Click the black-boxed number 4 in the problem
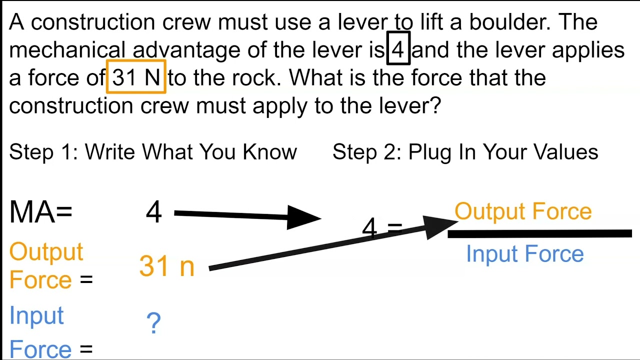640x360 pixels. (398, 48)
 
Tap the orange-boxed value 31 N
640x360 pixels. (136, 76)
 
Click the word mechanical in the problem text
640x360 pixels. (67, 49)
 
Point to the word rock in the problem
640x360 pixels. (256, 77)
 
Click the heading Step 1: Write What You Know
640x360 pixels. (153, 152)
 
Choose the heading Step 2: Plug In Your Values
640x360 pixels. (465, 152)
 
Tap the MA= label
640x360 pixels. (41, 211)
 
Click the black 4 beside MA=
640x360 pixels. (153, 211)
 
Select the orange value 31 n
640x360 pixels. (167, 265)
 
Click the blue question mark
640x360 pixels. (153, 323)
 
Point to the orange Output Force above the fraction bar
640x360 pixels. (523, 211)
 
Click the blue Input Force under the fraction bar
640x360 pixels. (525, 253)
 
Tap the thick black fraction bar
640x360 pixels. (539, 233)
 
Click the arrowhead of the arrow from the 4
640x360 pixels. (303, 217)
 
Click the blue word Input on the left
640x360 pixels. (36, 316)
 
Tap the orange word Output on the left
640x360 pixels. (46, 252)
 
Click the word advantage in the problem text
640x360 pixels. (186, 50)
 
